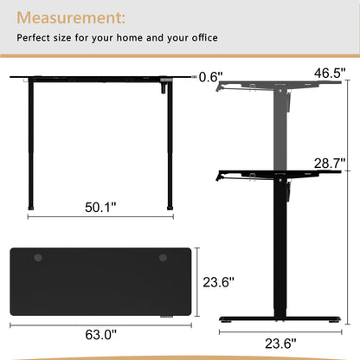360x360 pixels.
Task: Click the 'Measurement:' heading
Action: click(x=71, y=18)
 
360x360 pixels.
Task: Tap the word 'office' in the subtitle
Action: click(x=205, y=38)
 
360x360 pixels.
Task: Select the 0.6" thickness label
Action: click(x=211, y=77)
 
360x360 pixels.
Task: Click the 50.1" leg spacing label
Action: click(x=100, y=207)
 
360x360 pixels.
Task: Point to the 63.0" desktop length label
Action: click(x=101, y=335)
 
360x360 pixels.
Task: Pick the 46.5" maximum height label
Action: click(x=330, y=73)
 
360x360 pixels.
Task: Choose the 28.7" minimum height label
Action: click(x=330, y=164)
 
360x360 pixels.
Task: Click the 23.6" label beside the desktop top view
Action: click(x=218, y=282)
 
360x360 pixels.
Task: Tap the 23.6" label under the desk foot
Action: click(x=280, y=344)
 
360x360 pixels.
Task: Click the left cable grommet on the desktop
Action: click(x=38, y=258)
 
